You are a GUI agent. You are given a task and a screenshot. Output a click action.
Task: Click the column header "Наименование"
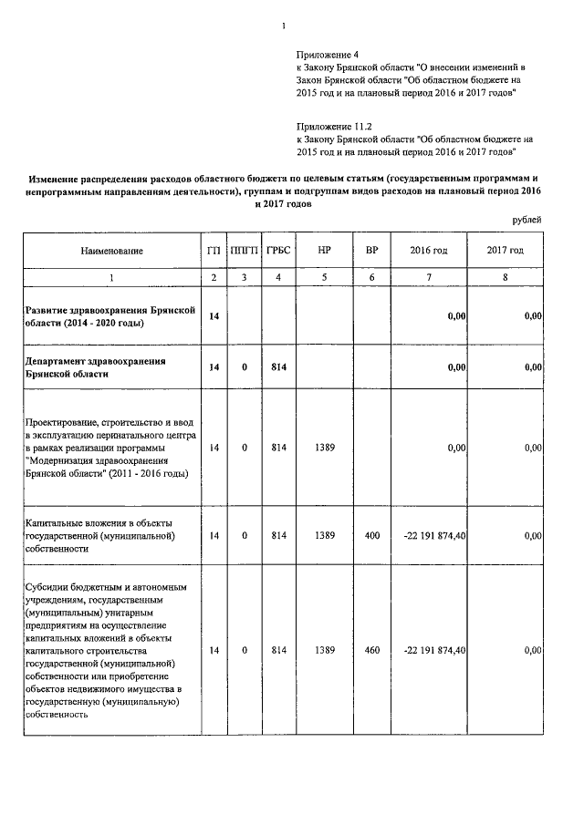tap(111, 250)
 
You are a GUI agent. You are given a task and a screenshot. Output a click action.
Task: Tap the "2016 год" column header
tap(429, 250)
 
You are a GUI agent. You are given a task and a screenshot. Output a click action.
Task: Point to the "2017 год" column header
tap(505, 250)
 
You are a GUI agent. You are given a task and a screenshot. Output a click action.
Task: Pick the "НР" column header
tap(325, 250)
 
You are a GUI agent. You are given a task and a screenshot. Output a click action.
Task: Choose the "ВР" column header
tap(371, 250)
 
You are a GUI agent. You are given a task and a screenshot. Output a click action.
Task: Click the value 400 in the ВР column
tap(371, 536)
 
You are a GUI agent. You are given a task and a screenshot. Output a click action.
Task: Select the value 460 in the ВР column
tap(371, 651)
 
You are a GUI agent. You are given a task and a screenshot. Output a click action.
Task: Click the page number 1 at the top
tap(286, 11)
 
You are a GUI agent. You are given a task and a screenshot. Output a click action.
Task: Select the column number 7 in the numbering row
tap(429, 277)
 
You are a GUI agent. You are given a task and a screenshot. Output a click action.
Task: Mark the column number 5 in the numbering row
tap(325, 277)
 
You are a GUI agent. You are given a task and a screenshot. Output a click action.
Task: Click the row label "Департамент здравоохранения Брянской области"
tap(97, 367)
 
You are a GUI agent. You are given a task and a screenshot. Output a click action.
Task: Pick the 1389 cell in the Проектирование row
tap(325, 449)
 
